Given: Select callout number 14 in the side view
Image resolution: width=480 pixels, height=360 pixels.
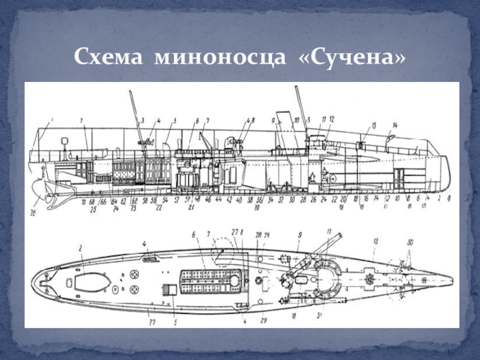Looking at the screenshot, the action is (x=394, y=125).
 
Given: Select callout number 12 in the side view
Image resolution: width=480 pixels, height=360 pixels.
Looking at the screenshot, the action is (x=331, y=119).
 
